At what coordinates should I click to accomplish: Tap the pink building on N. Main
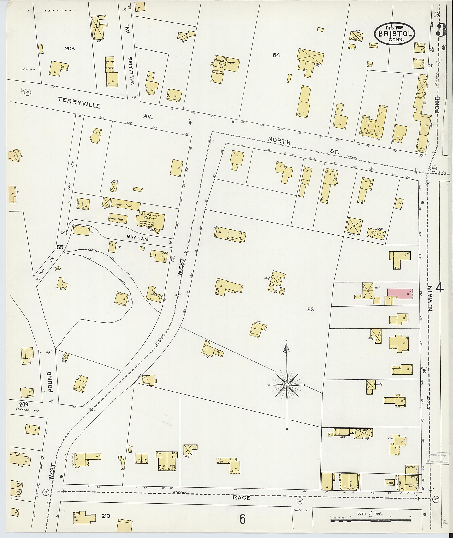[x=400, y=293]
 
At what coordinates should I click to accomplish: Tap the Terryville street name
[x=79, y=102]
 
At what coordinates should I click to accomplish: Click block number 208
[x=70, y=48]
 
